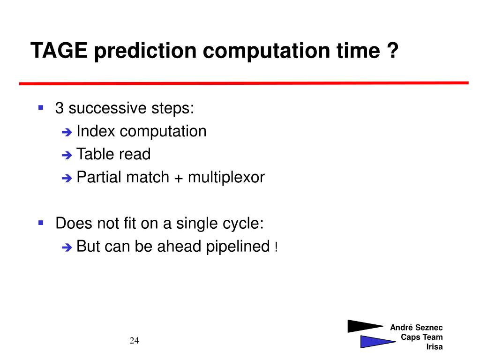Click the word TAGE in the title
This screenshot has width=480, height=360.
(59, 50)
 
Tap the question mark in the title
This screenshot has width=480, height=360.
(393, 50)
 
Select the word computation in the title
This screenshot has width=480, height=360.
(266, 51)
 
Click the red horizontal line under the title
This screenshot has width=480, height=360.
(244, 83)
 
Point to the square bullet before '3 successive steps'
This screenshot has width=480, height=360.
(41, 107)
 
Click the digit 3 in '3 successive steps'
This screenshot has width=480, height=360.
(60, 108)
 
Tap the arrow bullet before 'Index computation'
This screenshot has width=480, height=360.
(67, 132)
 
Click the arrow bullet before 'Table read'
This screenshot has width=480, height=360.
(67, 155)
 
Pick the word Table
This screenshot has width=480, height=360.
(95, 154)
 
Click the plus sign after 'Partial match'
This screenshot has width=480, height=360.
(179, 179)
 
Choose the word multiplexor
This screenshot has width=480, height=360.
(226, 177)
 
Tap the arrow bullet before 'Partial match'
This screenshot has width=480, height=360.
(67, 178)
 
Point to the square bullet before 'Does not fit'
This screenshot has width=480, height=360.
(41, 223)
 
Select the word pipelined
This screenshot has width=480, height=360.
(238, 247)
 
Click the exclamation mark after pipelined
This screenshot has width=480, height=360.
(276, 247)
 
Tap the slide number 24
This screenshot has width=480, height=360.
(134, 340)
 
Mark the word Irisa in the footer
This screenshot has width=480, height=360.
(435, 346)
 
